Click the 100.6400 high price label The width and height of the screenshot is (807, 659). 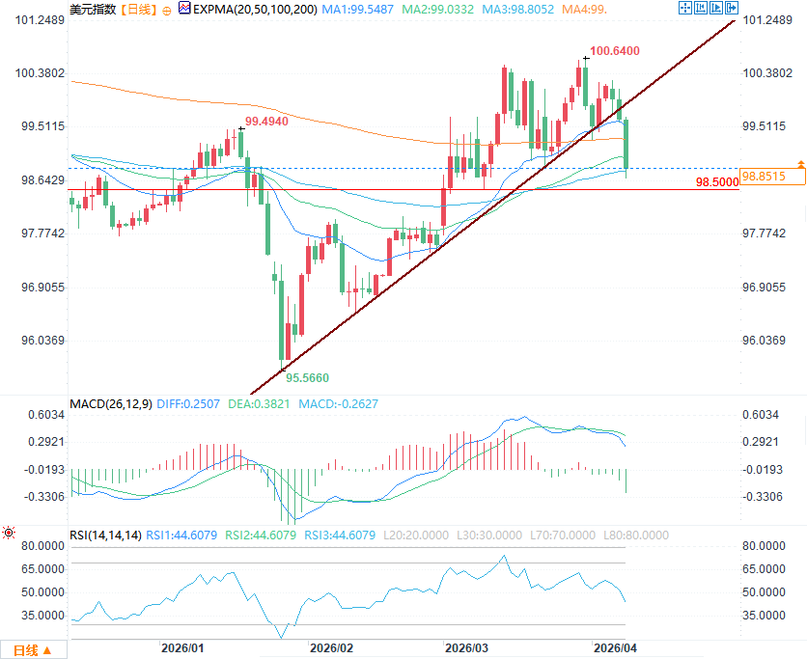pos(614,51)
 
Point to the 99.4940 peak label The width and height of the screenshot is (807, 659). pos(266,123)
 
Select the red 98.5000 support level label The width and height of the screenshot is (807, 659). pos(715,181)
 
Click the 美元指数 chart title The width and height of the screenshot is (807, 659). pos(93,10)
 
